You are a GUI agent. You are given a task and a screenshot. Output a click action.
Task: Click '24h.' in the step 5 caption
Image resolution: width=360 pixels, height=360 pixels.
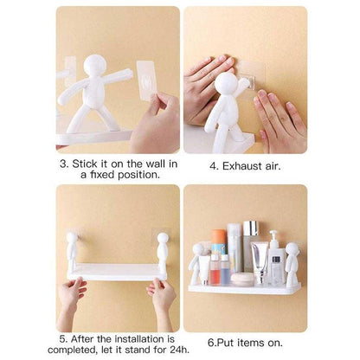(153, 352)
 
